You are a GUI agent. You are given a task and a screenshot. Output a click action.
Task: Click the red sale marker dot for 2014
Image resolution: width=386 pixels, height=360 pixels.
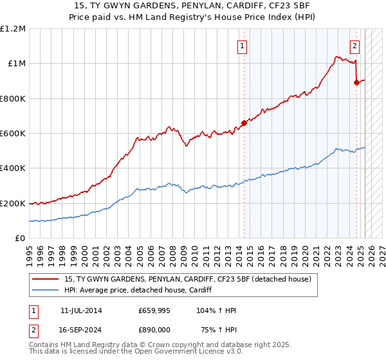pyautogui.click(x=244, y=123)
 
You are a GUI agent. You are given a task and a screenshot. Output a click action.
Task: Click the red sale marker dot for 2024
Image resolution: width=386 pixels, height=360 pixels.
pyautogui.click(x=356, y=82)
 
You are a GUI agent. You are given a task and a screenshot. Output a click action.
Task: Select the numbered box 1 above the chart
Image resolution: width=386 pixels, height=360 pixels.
pyautogui.click(x=243, y=46)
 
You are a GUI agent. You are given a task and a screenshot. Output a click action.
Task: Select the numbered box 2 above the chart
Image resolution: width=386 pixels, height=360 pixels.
pyautogui.click(x=354, y=46)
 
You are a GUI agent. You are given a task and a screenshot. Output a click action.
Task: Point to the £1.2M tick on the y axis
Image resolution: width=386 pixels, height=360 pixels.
pyautogui.click(x=13, y=29)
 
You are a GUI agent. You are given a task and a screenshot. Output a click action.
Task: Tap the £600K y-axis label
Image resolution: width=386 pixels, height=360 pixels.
pyautogui.click(x=13, y=133)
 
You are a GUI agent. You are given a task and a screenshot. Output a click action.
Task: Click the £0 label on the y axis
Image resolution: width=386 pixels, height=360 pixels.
pyautogui.click(x=20, y=238)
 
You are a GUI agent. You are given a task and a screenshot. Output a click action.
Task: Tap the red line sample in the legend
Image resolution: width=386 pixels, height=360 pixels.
pyautogui.click(x=46, y=279)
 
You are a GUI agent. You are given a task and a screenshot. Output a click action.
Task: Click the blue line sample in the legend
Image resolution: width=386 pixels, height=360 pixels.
pyautogui.click(x=46, y=290)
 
